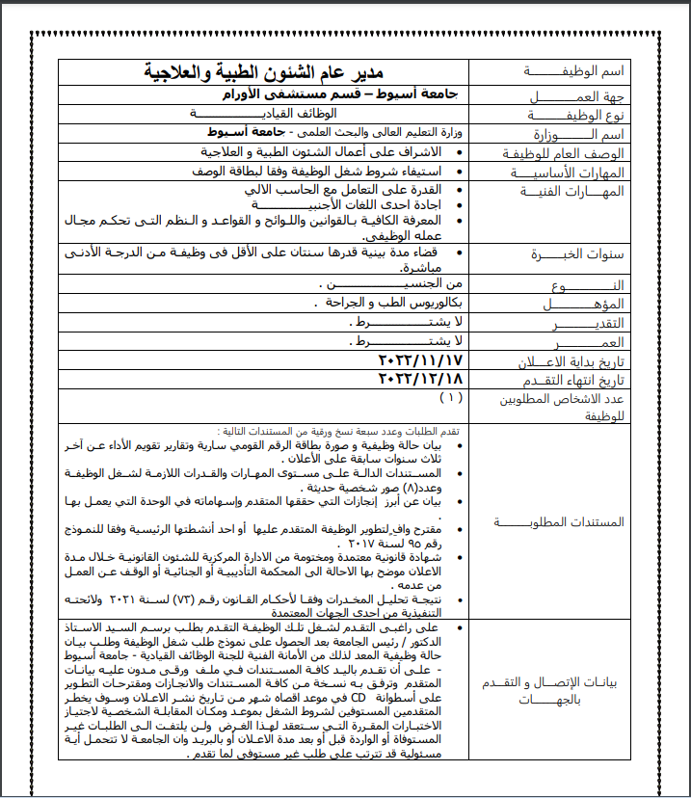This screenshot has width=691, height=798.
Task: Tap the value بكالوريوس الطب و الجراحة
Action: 386,303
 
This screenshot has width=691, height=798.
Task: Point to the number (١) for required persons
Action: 450,396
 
